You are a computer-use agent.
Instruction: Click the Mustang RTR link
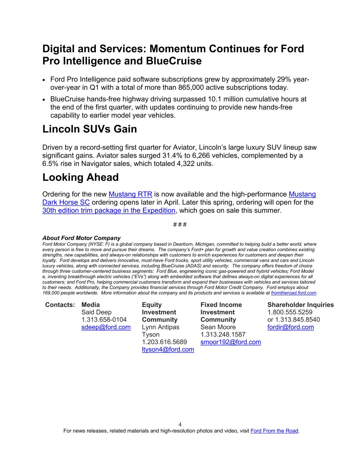[130, 194]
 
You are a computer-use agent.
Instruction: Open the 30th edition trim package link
[109, 210]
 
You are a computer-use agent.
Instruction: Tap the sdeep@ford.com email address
[106, 327]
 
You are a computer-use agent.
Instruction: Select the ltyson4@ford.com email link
[168, 349]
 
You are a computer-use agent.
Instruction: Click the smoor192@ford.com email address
[230, 342]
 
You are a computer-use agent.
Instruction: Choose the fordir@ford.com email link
[290, 327]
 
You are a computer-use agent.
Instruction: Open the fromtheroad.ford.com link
[293, 293]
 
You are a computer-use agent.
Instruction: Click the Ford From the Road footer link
[274, 431]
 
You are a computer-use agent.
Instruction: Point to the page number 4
[180, 425]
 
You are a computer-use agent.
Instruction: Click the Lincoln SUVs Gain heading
[89, 129]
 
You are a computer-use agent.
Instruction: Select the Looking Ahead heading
[81, 178]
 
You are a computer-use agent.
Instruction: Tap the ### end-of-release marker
[180, 225]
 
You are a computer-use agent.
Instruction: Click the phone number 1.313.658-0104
[104, 320]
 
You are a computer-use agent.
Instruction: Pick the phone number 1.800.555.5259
[290, 312]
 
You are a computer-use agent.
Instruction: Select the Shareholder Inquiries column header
[300, 305]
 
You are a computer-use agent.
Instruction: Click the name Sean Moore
[218, 327]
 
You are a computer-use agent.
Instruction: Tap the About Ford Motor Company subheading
[81, 238]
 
